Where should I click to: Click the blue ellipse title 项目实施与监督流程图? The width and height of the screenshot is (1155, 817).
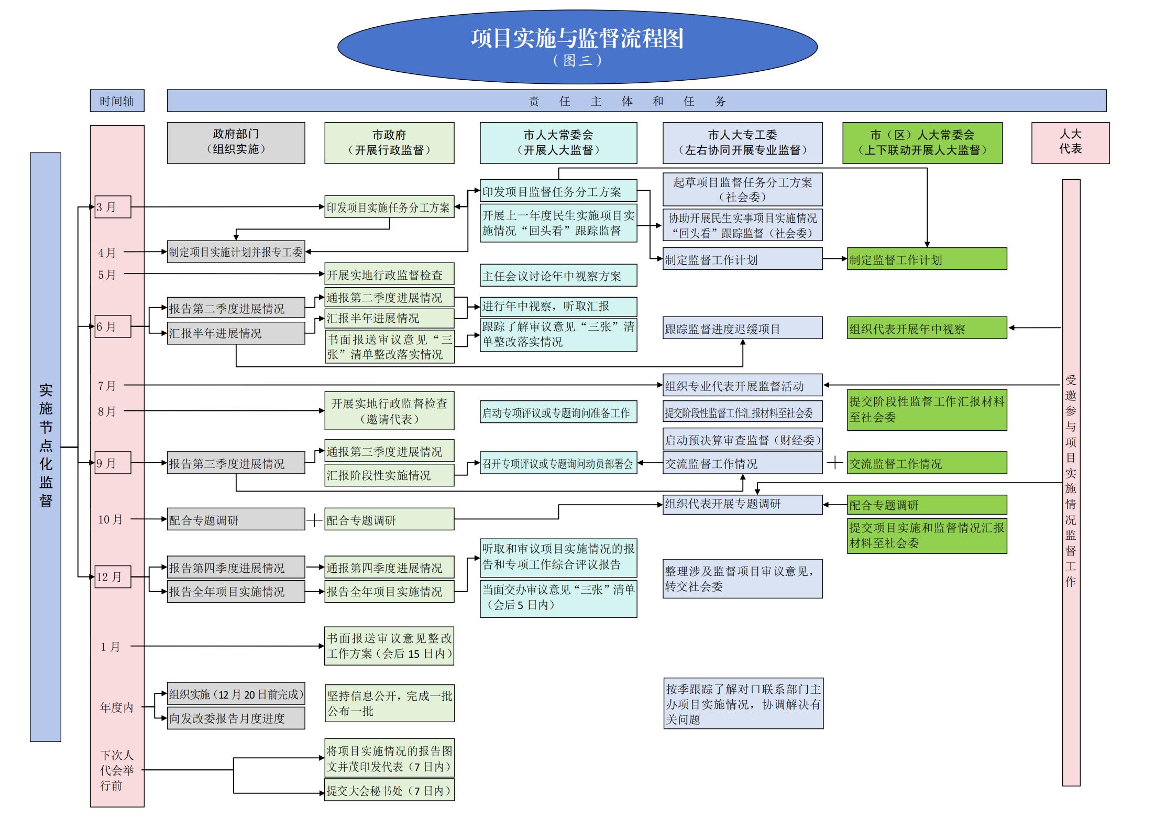click(x=577, y=46)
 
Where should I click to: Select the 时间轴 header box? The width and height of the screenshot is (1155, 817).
click(x=117, y=101)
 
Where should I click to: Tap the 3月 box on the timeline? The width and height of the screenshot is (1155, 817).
click(x=112, y=207)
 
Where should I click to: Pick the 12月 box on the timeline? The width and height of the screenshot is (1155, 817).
click(x=112, y=577)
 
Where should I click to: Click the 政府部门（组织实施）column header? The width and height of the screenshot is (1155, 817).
click(x=236, y=143)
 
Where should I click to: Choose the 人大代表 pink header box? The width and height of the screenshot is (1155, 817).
click(x=1070, y=143)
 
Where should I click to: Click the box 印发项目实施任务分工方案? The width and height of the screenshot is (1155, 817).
click(x=389, y=208)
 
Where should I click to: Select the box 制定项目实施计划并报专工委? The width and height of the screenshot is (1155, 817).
click(x=236, y=252)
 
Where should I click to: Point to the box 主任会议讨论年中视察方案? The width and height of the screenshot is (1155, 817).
click(x=558, y=276)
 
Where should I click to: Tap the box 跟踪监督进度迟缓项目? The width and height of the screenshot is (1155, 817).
click(x=742, y=329)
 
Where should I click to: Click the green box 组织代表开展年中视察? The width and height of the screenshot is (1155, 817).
click(x=927, y=329)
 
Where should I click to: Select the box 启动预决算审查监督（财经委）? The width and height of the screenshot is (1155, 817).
click(x=742, y=440)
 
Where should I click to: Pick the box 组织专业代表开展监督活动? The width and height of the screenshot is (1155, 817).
click(x=742, y=386)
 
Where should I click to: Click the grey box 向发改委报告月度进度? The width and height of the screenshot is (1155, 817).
click(x=236, y=718)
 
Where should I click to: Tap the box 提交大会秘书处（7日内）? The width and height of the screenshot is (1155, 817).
click(x=389, y=790)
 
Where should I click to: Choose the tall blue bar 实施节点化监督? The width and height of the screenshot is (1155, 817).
click(x=46, y=446)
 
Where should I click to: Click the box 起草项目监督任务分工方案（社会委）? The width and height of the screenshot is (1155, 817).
click(x=742, y=189)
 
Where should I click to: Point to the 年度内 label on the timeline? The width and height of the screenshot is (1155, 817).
click(x=116, y=707)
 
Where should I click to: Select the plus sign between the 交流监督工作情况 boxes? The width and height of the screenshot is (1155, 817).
click(x=834, y=463)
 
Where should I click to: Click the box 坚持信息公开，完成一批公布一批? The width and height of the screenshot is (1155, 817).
click(x=389, y=703)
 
